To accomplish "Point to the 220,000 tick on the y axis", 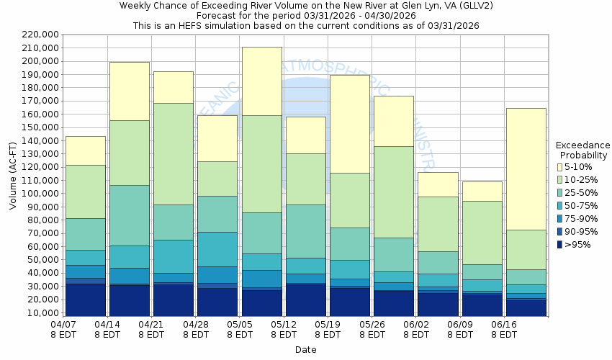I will tap(40, 35).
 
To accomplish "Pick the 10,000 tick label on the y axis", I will tap(42, 313).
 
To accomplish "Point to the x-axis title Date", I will tap(305, 349).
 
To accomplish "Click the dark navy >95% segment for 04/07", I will tap(85, 300).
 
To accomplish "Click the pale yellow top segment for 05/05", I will tap(261, 81).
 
